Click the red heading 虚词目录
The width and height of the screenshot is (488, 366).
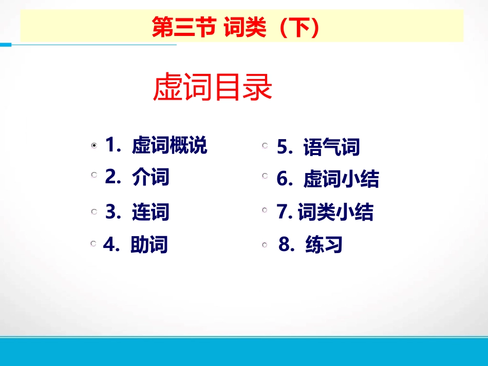[x=213, y=87]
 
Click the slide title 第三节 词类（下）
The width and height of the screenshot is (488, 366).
[x=236, y=27]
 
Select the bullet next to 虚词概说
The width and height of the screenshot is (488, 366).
[x=94, y=145]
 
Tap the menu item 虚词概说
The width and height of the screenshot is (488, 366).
[x=170, y=145]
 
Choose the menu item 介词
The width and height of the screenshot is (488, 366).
[x=151, y=177]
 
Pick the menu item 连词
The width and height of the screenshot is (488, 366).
[x=151, y=212]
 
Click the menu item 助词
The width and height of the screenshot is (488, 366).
[x=149, y=244]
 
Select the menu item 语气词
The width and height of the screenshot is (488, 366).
[x=331, y=147]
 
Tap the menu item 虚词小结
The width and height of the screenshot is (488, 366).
[x=341, y=179]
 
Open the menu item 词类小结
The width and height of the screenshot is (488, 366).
[x=336, y=212]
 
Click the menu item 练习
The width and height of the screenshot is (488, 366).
[x=324, y=244]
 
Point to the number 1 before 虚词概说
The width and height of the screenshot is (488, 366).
[x=111, y=145]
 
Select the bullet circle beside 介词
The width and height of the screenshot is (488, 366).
[x=94, y=175]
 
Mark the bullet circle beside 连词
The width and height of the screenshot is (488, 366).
[x=94, y=211]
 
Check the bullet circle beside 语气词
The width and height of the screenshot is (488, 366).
[x=265, y=145]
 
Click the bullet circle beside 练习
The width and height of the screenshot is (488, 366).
[x=265, y=245]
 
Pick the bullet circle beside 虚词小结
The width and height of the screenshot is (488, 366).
[x=265, y=176]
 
